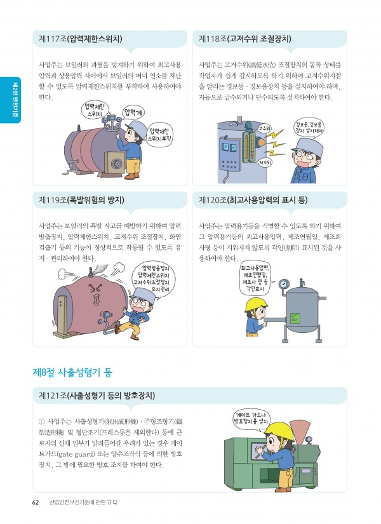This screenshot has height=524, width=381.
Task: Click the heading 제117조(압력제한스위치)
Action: pos(80,39)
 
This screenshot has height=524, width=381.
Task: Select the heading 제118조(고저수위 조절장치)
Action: pos(244,39)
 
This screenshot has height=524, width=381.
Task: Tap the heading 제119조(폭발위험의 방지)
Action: pos(81,200)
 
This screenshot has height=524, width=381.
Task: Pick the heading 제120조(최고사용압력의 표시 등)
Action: pos(253,200)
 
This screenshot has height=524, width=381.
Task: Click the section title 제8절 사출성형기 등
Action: pos(72,373)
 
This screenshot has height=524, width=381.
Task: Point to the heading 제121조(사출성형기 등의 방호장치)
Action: pos(97,395)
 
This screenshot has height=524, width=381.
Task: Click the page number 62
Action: pos(36,502)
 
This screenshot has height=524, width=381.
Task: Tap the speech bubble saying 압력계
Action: pos(135,112)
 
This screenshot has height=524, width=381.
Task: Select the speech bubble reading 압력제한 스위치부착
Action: pos(160,135)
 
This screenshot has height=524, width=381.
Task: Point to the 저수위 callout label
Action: pos(265,163)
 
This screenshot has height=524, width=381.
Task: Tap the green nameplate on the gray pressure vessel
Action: pos(295,318)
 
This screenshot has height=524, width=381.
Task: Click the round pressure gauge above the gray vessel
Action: pos(284,284)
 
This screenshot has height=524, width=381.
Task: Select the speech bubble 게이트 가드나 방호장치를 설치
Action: pos(251,418)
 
